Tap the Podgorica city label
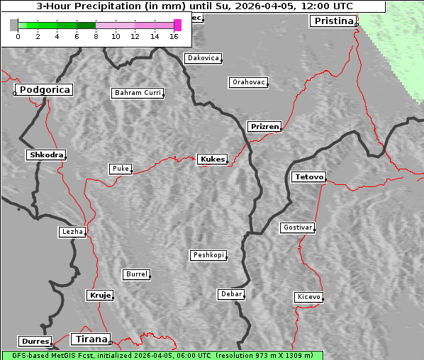[x=44, y=90]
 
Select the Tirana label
[x=90, y=339]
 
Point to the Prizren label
[x=264, y=127]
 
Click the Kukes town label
[x=212, y=159]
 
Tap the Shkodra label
[x=45, y=155]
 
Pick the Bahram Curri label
[x=138, y=93]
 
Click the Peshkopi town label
[x=208, y=255]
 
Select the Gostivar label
[x=297, y=227]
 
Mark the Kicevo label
[x=308, y=297]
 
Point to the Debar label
[x=231, y=294]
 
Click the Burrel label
[x=136, y=274]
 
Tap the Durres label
[x=35, y=342]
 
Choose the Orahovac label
[x=249, y=82]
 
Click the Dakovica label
[x=203, y=58]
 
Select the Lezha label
[x=72, y=232]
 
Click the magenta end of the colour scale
[x=177, y=25]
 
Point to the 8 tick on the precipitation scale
[x=96, y=36]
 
